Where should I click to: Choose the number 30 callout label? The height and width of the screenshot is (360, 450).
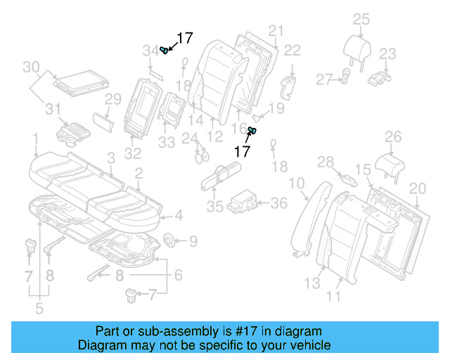[x=30, y=67]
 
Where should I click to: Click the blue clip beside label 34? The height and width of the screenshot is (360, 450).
[x=165, y=49]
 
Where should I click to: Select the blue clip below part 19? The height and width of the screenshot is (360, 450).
[x=253, y=130]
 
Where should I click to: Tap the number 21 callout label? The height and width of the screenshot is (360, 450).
[x=275, y=30]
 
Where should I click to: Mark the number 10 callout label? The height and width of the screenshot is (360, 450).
[x=297, y=184]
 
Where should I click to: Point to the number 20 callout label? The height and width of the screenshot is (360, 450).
[x=418, y=188]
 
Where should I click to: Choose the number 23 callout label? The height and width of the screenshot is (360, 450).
[x=388, y=53]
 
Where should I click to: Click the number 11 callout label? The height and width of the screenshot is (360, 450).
[x=333, y=297]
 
